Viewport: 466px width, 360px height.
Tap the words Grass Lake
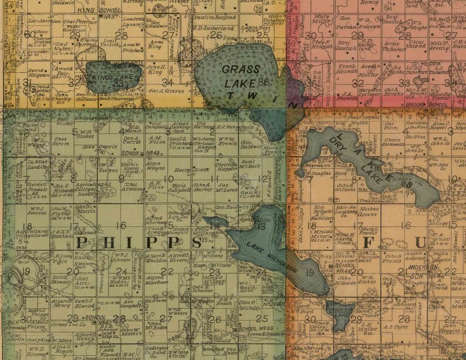(241, 75)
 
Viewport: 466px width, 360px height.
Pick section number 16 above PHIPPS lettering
(121, 226)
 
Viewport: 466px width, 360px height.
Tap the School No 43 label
(130, 153)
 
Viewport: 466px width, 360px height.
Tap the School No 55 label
(252, 328)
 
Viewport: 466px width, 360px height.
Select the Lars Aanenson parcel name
(45, 21)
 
